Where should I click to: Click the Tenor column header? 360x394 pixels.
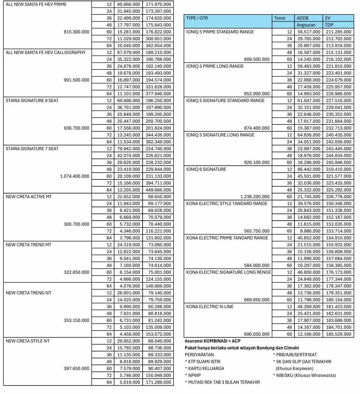(280, 18)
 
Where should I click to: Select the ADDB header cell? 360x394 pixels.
(302, 18)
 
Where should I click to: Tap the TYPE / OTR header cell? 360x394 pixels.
(197, 18)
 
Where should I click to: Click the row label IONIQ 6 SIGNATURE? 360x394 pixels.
(206, 169)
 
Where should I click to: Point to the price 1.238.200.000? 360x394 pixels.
(255, 197)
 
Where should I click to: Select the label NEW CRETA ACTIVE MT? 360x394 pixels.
(29, 197)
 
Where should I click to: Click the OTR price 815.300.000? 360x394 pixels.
(76, 32)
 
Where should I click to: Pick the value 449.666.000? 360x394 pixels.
(158, 190)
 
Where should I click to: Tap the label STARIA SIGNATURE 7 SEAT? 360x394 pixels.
(32, 149)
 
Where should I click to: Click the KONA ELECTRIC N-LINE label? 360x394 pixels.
(210, 307)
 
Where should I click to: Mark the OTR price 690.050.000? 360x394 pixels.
(257, 334)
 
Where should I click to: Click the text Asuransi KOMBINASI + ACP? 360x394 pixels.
(213, 341)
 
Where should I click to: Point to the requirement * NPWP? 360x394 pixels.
(193, 376)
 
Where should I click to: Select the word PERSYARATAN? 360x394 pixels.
(199, 355)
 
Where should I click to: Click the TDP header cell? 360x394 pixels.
(329, 25)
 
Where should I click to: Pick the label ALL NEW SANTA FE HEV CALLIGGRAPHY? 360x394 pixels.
(46, 53)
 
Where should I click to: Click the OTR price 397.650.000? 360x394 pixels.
(76, 369)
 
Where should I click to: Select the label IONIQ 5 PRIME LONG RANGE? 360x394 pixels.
(215, 66)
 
